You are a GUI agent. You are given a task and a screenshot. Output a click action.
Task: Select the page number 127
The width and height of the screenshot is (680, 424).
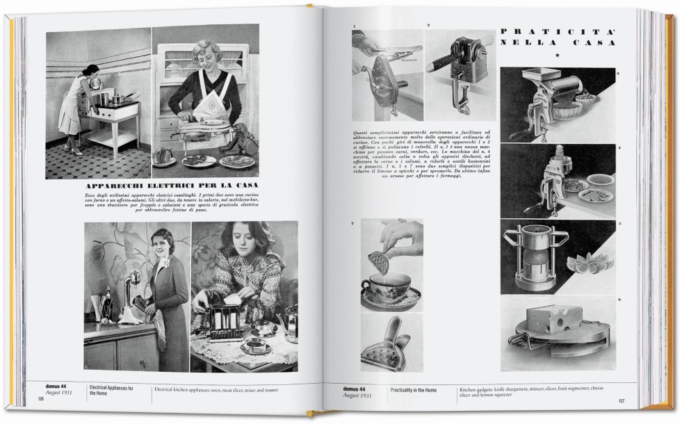tap(621, 401)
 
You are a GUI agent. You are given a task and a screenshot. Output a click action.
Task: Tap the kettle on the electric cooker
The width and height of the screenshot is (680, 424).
tap(95, 83)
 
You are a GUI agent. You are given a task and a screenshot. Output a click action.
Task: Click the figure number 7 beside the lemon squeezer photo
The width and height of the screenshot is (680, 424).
tap(353, 224)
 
